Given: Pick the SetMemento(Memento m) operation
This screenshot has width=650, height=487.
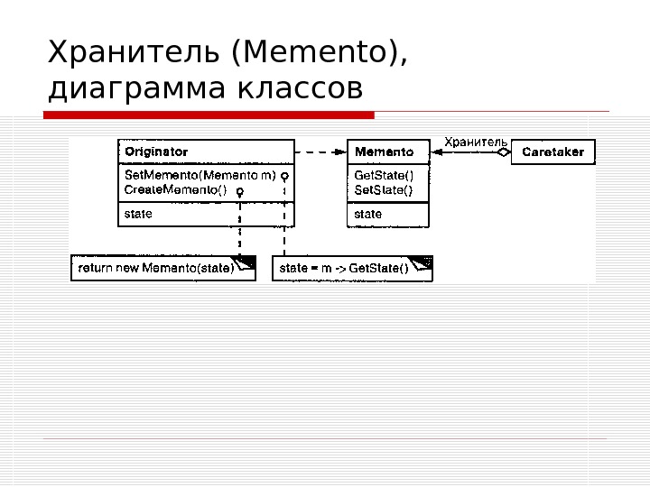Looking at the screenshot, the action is click(x=200, y=175).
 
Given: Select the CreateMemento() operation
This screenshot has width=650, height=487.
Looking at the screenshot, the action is click(x=176, y=190).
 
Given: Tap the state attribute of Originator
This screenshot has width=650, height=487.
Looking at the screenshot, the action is click(x=138, y=215).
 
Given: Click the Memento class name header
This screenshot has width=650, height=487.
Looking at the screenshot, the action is click(x=384, y=152).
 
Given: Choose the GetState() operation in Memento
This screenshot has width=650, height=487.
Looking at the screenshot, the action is click(x=384, y=175).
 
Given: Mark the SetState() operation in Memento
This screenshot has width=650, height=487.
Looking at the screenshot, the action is click(x=384, y=189).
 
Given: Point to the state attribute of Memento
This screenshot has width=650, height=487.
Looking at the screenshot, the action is click(x=368, y=215).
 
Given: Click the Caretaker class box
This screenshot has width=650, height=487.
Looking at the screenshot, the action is click(x=553, y=152).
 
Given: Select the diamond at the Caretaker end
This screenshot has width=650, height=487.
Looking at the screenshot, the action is click(x=504, y=152).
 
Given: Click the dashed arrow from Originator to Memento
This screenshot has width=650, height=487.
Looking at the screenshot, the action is click(x=320, y=152).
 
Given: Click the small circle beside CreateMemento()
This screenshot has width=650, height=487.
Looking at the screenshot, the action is click(x=239, y=191).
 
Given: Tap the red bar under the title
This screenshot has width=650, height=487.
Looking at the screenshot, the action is click(x=209, y=115).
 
